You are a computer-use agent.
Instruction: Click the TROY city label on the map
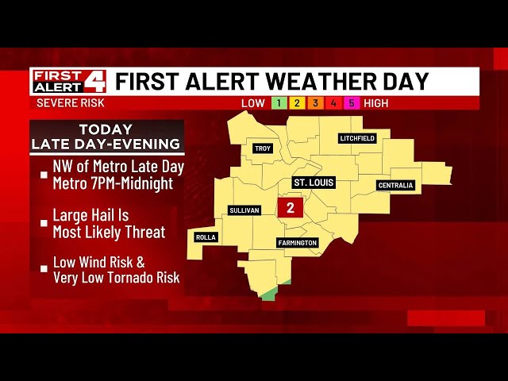click(x=262, y=148)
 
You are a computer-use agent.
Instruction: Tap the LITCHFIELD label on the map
click(x=357, y=138)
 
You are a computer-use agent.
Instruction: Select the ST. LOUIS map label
click(x=314, y=183)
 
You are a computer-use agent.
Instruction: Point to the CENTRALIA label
click(x=395, y=186)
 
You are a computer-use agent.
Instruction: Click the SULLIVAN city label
click(x=244, y=210)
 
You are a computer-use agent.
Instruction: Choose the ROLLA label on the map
click(x=206, y=237)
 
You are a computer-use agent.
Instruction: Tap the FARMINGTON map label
click(x=298, y=243)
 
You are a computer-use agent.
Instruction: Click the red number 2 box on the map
click(x=291, y=209)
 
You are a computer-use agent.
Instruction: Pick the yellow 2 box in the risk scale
click(x=295, y=103)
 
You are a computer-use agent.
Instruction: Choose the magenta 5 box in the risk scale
click(x=350, y=103)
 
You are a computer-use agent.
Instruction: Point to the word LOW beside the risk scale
click(x=253, y=103)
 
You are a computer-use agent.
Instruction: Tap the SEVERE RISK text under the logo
click(x=71, y=103)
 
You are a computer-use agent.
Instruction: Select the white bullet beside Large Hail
click(x=44, y=223)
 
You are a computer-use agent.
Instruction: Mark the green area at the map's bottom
click(x=270, y=295)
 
